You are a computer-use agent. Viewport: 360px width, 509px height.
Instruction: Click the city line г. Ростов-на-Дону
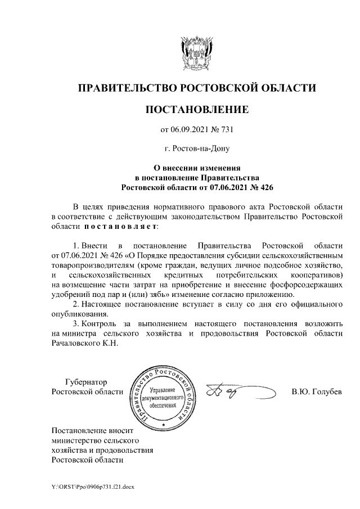196,148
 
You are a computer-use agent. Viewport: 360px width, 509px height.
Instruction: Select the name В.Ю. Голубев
317,391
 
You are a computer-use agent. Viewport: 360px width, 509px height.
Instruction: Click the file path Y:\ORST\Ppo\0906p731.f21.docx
93,487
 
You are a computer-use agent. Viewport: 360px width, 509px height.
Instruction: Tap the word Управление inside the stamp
164,390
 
